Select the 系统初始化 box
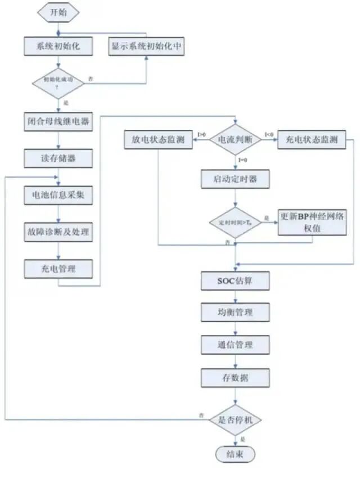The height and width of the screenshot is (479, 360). click(x=58, y=46)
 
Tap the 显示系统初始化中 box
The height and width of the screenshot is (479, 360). click(x=146, y=46)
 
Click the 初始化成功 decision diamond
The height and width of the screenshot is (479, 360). click(x=58, y=82)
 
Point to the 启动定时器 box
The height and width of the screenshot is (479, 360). click(x=236, y=179)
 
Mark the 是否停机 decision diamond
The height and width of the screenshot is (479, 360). click(x=236, y=419)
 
